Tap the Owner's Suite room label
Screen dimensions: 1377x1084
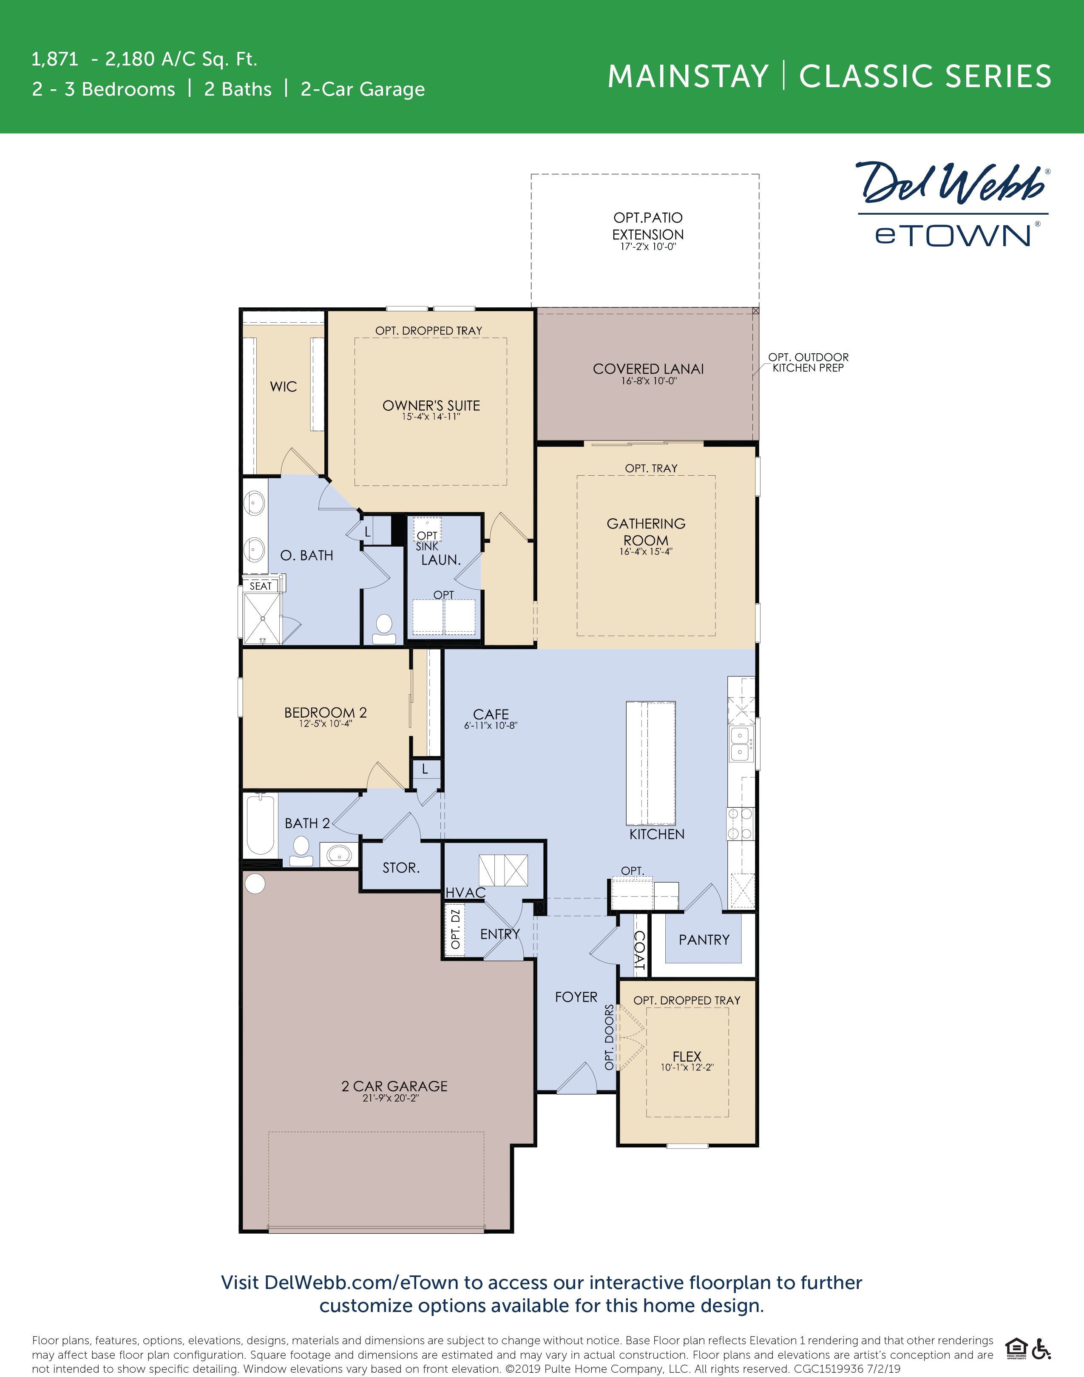(431, 406)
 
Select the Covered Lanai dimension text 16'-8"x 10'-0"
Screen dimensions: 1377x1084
(649, 381)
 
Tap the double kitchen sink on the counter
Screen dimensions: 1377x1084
(739, 744)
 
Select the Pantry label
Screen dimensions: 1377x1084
(704, 940)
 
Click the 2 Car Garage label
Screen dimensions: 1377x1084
(394, 1086)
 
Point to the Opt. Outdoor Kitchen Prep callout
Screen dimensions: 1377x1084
(808, 362)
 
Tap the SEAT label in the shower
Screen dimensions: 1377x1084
(260, 586)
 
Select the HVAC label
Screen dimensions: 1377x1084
(465, 893)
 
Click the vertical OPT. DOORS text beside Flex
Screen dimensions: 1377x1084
(609, 1037)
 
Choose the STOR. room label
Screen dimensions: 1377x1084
(400, 867)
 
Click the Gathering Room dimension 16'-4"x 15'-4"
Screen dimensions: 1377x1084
(645, 551)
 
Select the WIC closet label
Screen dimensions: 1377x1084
(283, 386)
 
